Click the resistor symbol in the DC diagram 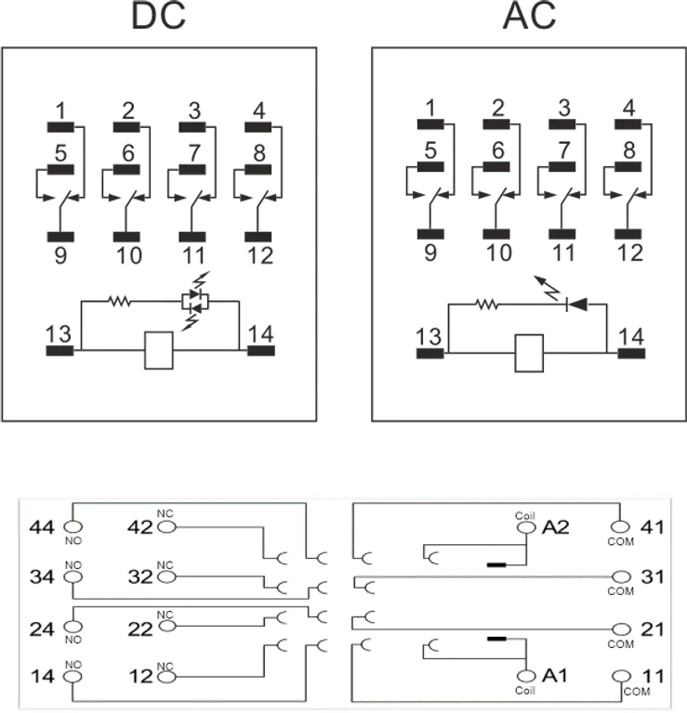pos(118,300)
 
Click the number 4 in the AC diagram pos(629,106)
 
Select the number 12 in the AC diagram pos(629,251)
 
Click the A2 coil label pos(555,527)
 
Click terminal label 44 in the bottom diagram pos(43,527)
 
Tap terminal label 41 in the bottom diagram pos(654,527)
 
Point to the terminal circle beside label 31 pos(621,577)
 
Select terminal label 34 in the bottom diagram pos(43,577)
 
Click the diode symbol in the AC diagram pos(573,303)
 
